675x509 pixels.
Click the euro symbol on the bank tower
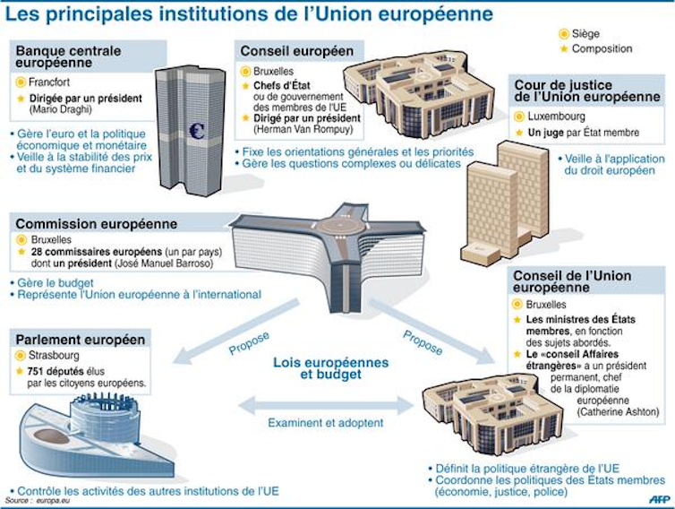(x=197, y=131)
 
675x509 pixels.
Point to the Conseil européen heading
(x=295, y=51)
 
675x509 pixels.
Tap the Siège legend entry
(x=585, y=33)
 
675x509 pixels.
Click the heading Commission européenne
(x=97, y=224)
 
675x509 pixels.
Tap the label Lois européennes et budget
(x=331, y=368)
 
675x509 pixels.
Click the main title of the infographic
(x=251, y=14)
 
